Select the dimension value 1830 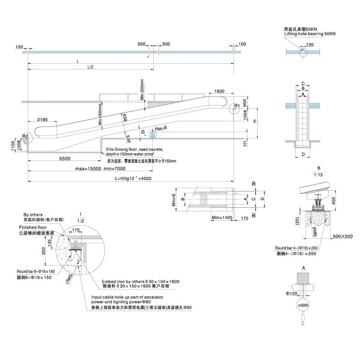220,91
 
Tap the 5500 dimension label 65,158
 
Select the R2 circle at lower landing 26,137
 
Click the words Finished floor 33,227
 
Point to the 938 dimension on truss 122,118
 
